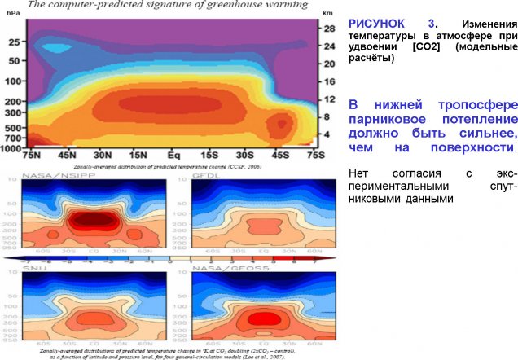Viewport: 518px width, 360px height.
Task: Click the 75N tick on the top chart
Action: click(33, 155)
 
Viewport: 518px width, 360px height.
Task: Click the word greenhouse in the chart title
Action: click(213, 5)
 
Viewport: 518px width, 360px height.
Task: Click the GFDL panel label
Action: click(204, 175)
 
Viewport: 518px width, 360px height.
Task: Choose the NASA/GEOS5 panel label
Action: click(220, 267)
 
